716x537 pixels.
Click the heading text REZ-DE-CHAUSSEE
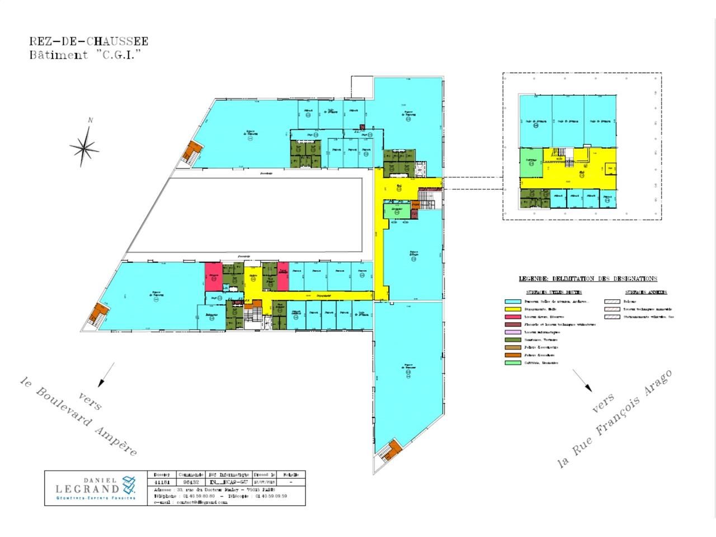[88, 41]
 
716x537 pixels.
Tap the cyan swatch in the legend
[512, 302]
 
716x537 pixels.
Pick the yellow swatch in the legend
[512, 309]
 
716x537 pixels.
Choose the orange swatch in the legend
[512, 355]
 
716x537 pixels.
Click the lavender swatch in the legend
[512, 332]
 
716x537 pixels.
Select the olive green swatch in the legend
[512, 340]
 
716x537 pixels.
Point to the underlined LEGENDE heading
[588, 279]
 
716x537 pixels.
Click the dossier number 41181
[162, 481]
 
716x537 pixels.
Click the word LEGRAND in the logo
[87, 489]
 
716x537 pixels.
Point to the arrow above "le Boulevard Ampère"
[106, 374]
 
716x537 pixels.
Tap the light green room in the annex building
[531, 163]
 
